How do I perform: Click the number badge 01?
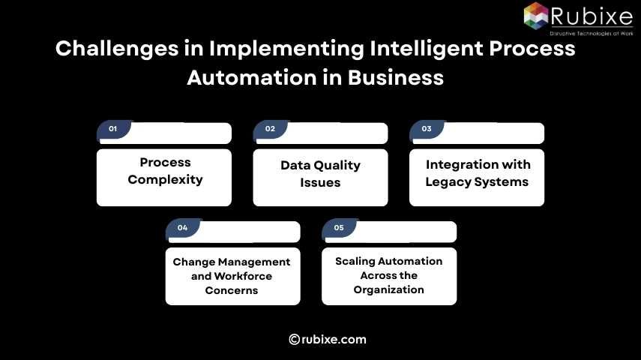[x=113, y=129]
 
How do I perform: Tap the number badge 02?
[x=270, y=129]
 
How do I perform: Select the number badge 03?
[x=427, y=129]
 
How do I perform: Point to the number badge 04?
[x=182, y=227]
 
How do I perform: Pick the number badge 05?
[x=339, y=227]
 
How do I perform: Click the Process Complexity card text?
[x=165, y=171]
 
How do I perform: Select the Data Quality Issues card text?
[x=320, y=174]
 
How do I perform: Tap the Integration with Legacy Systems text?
[x=478, y=173]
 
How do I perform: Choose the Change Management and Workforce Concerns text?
[x=232, y=276]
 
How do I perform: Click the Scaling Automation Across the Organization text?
[x=389, y=275]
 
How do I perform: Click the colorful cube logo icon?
[x=536, y=15]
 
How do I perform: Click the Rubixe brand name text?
[x=592, y=16]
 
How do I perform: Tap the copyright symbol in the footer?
[x=295, y=339]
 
